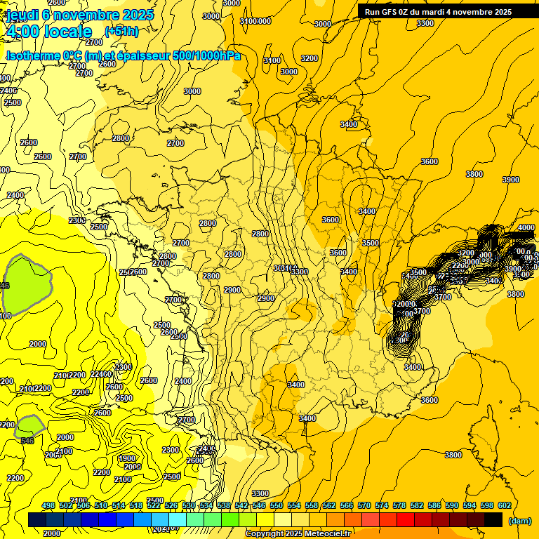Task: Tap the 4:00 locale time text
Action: coord(48,32)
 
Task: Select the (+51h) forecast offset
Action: coord(121,32)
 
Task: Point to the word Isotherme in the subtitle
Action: coord(33,55)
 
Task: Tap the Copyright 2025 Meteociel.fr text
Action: coord(298,534)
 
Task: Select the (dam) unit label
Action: coord(519,520)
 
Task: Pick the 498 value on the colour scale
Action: coord(48,505)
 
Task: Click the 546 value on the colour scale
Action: coord(259,505)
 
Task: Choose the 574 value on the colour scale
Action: coord(382,505)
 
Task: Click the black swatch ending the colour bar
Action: coord(493,519)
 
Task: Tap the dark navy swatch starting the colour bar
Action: coord(37,519)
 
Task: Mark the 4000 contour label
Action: coord(526,227)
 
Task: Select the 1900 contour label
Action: coord(127,458)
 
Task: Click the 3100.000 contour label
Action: coord(255,21)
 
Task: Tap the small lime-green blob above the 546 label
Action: coord(30,425)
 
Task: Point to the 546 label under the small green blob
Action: coord(27,441)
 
